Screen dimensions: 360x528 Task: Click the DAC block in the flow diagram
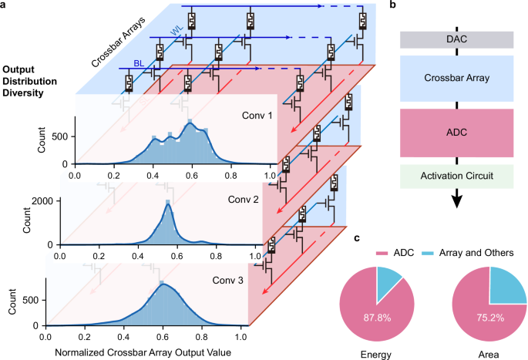pos(457,39)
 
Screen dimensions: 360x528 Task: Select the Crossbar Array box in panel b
pos(457,78)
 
